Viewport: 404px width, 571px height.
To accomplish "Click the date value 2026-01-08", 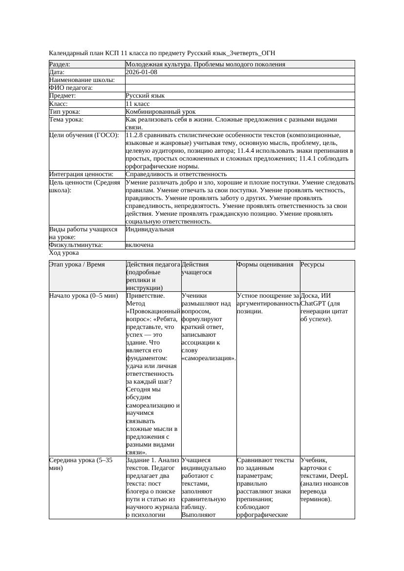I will pos(141,72).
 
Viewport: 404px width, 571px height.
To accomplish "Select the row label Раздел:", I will pos(60,64).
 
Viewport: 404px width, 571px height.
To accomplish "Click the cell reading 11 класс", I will pos(137,104).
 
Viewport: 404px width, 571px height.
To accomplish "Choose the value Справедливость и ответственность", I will pos(176,174).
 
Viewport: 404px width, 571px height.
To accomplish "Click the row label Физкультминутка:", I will pos(76,245).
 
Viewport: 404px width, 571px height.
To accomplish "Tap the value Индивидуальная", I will pos(149,229).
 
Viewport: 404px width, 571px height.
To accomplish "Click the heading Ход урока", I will pos(64,253).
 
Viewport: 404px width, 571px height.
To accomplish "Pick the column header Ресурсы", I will pos(313,265).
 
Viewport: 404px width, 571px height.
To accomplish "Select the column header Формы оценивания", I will pos(265,265).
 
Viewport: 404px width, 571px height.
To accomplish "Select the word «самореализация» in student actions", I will pos(209,358).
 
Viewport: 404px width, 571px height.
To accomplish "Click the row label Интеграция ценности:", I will pos(81,174).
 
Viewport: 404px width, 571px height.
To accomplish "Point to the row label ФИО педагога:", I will pos(71,88).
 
